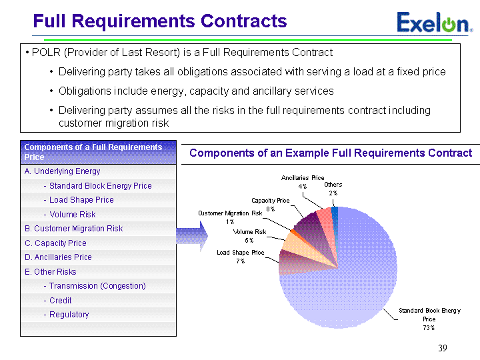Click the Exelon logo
tap(435, 23)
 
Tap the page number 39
tap(443, 348)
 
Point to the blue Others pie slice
tap(335, 217)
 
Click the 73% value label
tap(429, 327)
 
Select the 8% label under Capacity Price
tap(270, 209)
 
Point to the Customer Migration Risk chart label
tap(230, 213)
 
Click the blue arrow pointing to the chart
tap(192, 236)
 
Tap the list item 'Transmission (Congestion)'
tap(97, 286)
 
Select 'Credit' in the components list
tap(60, 300)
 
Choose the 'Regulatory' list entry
tap(69, 315)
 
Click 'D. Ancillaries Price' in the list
tap(58, 257)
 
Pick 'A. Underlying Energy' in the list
tap(63, 171)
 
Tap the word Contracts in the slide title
tap(244, 21)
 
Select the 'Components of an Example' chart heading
tap(259, 153)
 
